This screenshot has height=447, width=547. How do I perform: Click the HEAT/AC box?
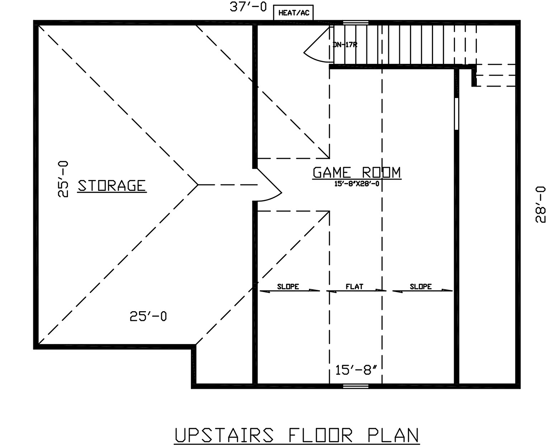point(294,12)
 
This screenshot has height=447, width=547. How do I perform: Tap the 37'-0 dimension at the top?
point(248,7)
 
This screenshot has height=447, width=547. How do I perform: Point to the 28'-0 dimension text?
point(541,204)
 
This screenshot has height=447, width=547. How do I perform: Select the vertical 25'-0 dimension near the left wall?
point(63,179)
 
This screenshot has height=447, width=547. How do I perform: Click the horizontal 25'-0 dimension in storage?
point(148,316)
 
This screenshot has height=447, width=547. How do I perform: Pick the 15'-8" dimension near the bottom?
point(356,370)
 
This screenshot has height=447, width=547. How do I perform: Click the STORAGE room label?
point(112,186)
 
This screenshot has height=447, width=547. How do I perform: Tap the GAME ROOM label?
point(356,173)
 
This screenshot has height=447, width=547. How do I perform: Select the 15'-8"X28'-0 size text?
point(356,184)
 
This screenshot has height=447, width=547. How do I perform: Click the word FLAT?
point(355,287)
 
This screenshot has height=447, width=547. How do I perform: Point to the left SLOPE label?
point(288,287)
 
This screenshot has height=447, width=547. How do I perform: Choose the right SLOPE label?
point(421,287)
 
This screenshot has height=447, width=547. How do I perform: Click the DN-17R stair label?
point(345,45)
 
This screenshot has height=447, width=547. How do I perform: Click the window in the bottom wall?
point(356,386)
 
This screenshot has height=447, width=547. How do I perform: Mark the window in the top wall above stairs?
point(356,23)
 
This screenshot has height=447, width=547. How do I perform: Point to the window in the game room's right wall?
point(456,114)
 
